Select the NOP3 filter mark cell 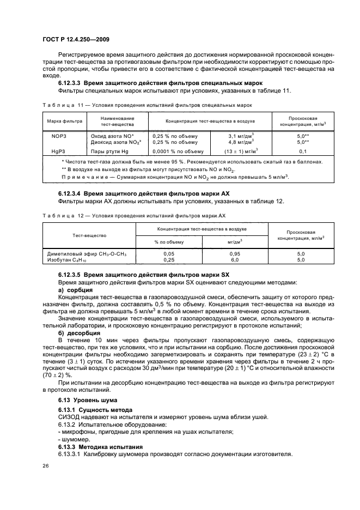[x=59, y=136]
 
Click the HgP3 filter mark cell [x=59, y=151]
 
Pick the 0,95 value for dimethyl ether [x=235, y=254]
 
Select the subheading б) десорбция [x=78, y=332]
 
